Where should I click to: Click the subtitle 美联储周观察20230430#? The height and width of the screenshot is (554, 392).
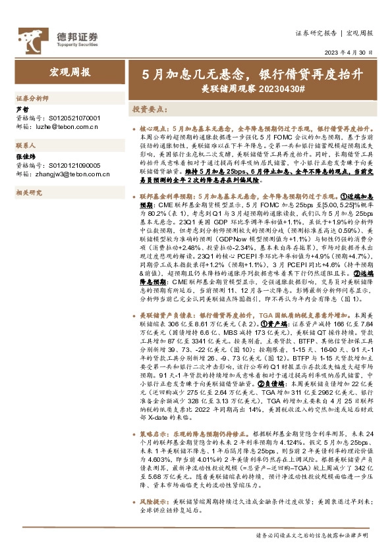[x=252, y=88]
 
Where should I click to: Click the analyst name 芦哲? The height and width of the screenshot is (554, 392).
[x=22, y=109]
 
